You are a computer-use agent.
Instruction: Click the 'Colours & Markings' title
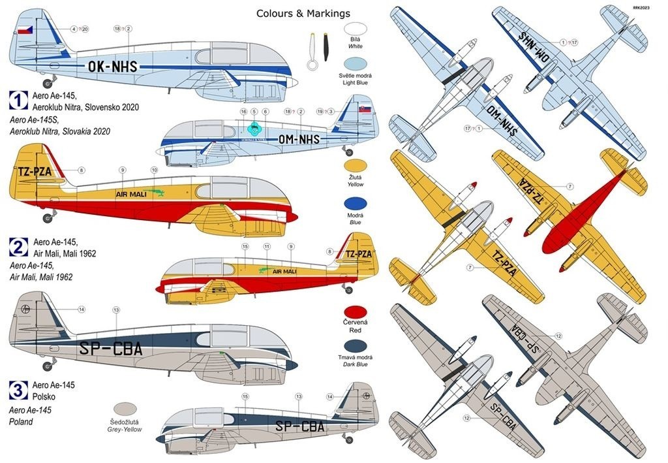coord(303,14)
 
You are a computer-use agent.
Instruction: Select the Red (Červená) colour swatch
coord(356,313)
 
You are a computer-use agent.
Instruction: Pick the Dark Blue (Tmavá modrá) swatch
coord(356,347)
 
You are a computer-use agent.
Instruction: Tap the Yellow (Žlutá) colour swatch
coord(356,168)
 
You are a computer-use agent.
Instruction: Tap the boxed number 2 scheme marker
coord(18,246)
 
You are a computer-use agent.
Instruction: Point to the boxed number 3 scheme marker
coord(18,390)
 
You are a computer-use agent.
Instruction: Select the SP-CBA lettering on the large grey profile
coord(110,349)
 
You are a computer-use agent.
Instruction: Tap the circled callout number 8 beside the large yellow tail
coord(81,170)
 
